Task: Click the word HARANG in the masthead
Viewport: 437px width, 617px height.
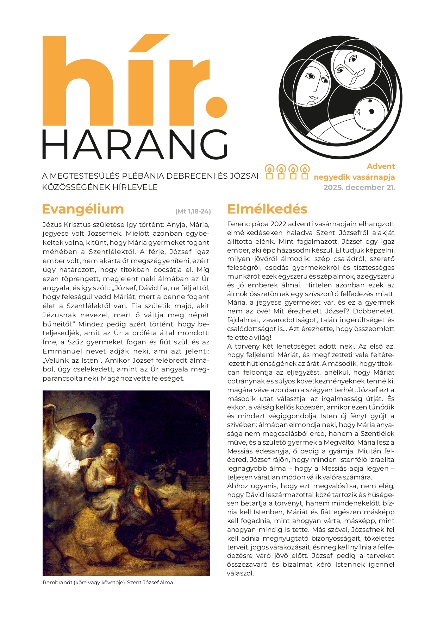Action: pos(135,145)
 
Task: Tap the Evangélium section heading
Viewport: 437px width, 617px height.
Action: pos(83,209)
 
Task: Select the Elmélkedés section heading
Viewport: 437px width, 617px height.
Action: pos(267,209)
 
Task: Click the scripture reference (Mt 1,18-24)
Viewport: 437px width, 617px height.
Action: pos(193,211)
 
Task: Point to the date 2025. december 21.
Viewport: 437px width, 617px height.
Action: pos(359,187)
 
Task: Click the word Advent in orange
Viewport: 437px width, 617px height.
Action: pos(381,166)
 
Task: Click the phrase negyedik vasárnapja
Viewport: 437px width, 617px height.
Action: pos(354,177)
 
